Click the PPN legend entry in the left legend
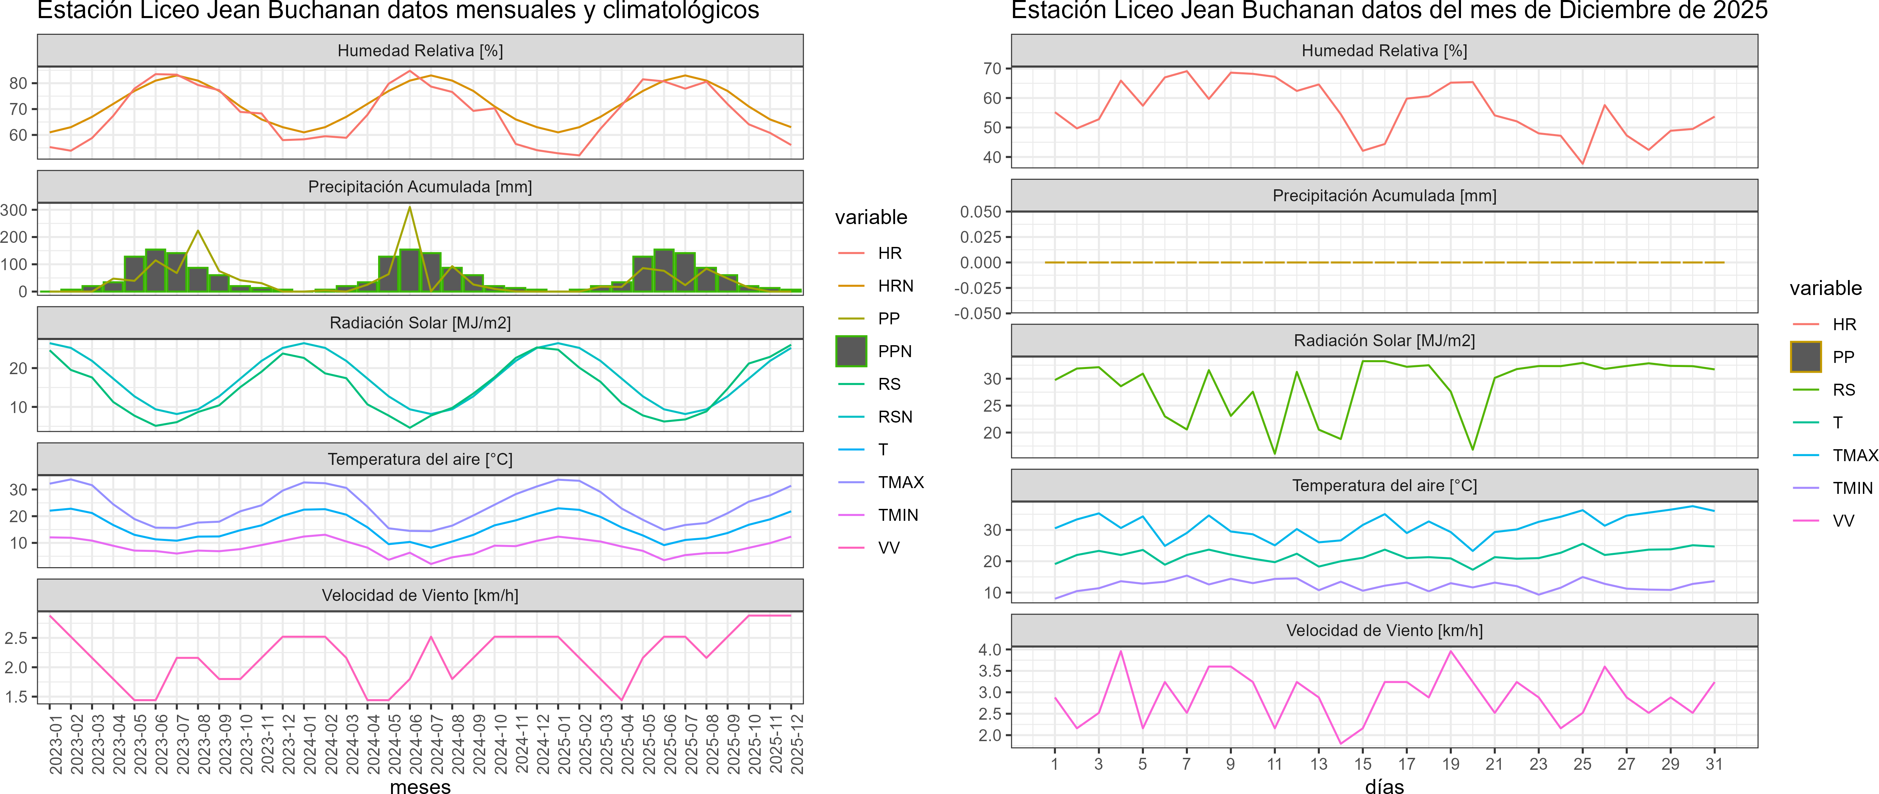[x=894, y=351]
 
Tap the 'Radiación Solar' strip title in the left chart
[x=420, y=323]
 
